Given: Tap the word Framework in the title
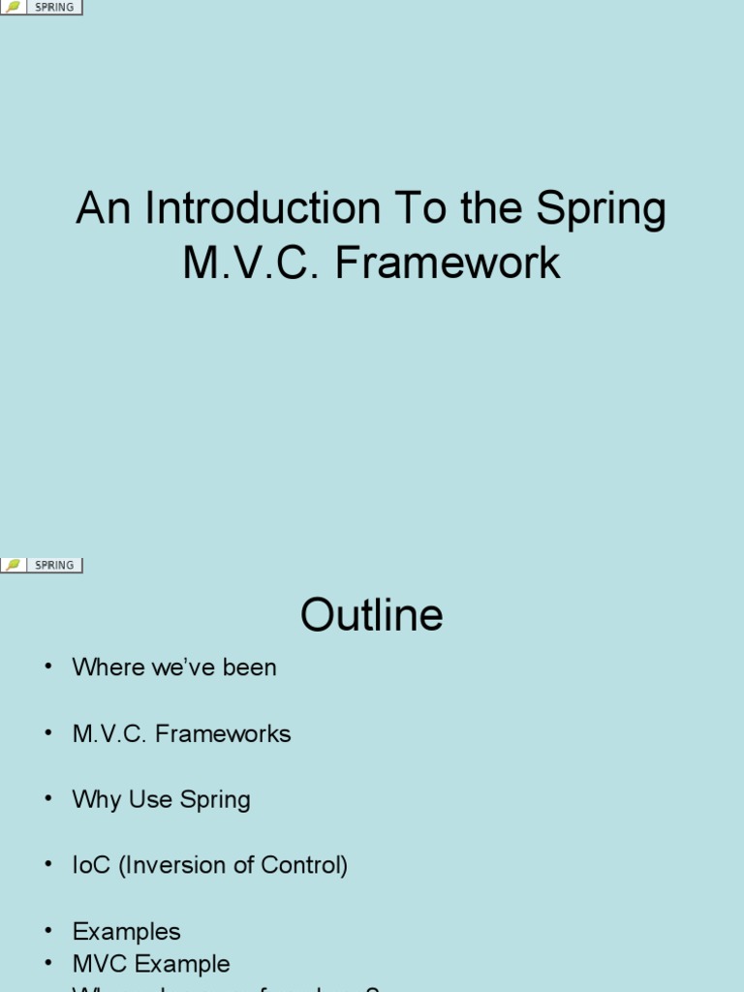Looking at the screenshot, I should click(448, 263).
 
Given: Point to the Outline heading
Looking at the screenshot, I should click(372, 615).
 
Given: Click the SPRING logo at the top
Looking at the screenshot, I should click(42, 8).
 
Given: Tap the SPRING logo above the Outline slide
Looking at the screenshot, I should click(42, 565).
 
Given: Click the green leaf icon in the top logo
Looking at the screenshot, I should click(14, 8).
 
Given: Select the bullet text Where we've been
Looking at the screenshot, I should click(174, 667).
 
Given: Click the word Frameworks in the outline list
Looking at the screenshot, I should click(223, 733).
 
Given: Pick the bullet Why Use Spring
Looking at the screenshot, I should click(161, 799).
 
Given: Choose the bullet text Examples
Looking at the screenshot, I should click(126, 931).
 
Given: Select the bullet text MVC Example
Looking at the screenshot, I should click(151, 964).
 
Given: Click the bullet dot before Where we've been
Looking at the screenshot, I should click(46, 668).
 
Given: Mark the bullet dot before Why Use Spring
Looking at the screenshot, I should click(46, 800).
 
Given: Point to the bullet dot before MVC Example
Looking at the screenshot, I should click(46, 965).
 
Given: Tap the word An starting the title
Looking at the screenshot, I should click(102, 209).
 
